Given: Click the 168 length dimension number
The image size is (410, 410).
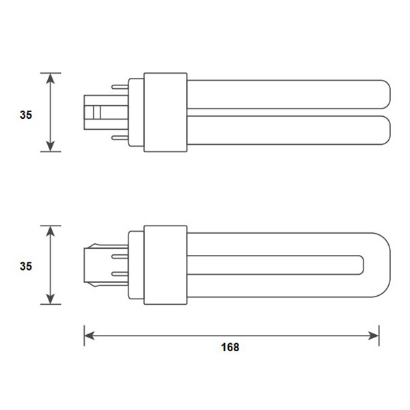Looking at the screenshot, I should [x=230, y=347].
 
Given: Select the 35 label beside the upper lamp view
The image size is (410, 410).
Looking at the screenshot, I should [x=26, y=115].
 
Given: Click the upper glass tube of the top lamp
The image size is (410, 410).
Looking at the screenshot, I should [x=287, y=94].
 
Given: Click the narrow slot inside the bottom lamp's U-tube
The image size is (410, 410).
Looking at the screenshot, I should [x=273, y=264].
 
